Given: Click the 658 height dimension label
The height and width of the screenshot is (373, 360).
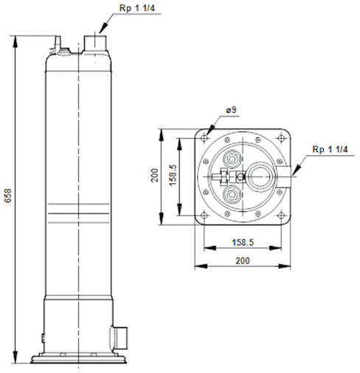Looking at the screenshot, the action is [8, 196].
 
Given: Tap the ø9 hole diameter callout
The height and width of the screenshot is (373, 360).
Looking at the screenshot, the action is [231, 110].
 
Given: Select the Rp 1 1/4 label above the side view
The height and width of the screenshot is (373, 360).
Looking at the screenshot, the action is [137, 8].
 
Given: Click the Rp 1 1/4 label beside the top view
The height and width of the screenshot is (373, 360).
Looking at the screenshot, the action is [330, 149].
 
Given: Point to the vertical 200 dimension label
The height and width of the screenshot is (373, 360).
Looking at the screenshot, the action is [155, 175].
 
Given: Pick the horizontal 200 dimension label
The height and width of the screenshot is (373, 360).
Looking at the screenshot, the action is [243, 261].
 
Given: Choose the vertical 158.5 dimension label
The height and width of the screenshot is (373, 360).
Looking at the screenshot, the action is [173, 175].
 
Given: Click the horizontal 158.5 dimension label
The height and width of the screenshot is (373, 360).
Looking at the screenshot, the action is [243, 242].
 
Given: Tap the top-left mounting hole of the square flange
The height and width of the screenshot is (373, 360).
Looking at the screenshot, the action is [204, 138].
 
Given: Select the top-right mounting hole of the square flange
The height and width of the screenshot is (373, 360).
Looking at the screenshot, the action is [281, 138].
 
